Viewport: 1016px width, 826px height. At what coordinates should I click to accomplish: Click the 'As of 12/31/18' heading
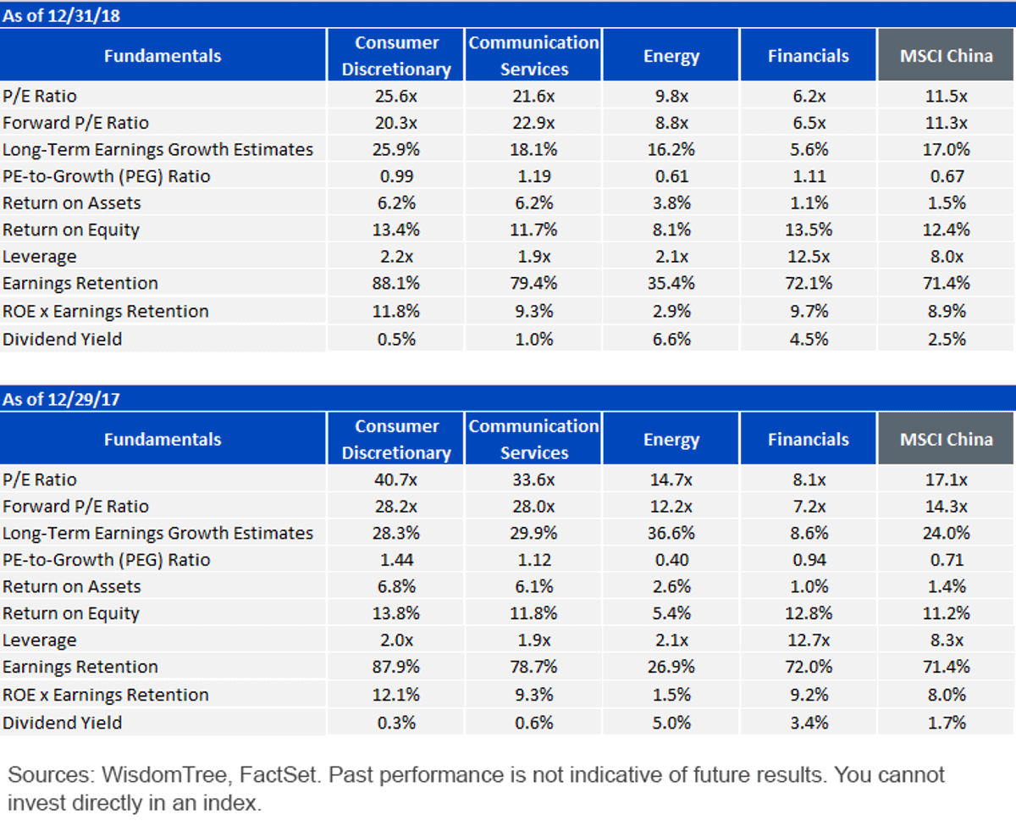(x=61, y=16)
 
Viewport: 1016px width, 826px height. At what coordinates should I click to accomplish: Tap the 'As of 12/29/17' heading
(x=61, y=399)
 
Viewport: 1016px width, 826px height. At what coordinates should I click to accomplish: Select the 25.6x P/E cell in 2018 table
(x=396, y=96)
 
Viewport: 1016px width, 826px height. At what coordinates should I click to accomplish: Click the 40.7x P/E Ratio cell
(x=396, y=480)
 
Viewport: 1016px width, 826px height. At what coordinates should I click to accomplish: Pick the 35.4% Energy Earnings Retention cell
(x=671, y=283)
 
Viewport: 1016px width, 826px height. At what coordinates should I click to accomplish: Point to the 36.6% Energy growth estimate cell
(x=671, y=533)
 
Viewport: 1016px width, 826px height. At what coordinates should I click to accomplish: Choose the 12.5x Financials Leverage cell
(x=809, y=256)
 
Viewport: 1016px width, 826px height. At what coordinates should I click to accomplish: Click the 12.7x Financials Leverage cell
(x=809, y=640)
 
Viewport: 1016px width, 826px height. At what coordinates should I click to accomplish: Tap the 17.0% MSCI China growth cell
(x=947, y=149)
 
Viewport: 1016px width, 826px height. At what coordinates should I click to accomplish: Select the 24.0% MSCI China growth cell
(x=947, y=533)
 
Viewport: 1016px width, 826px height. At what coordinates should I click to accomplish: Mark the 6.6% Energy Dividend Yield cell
(x=671, y=339)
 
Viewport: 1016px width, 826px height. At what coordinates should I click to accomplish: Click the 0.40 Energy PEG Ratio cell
(x=671, y=560)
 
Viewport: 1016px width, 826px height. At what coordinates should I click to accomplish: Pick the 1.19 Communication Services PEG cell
(x=534, y=176)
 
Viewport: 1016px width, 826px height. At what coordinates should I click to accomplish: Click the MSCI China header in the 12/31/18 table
(x=947, y=56)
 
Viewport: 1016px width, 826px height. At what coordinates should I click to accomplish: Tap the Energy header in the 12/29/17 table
(x=671, y=440)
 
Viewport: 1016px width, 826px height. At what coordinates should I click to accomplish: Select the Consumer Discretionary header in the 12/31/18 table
(x=396, y=56)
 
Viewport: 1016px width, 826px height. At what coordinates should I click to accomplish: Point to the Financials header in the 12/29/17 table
(x=809, y=439)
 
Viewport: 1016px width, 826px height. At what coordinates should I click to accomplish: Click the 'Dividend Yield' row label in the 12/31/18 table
(x=63, y=339)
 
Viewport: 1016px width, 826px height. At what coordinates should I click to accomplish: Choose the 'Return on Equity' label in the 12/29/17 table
(x=71, y=613)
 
